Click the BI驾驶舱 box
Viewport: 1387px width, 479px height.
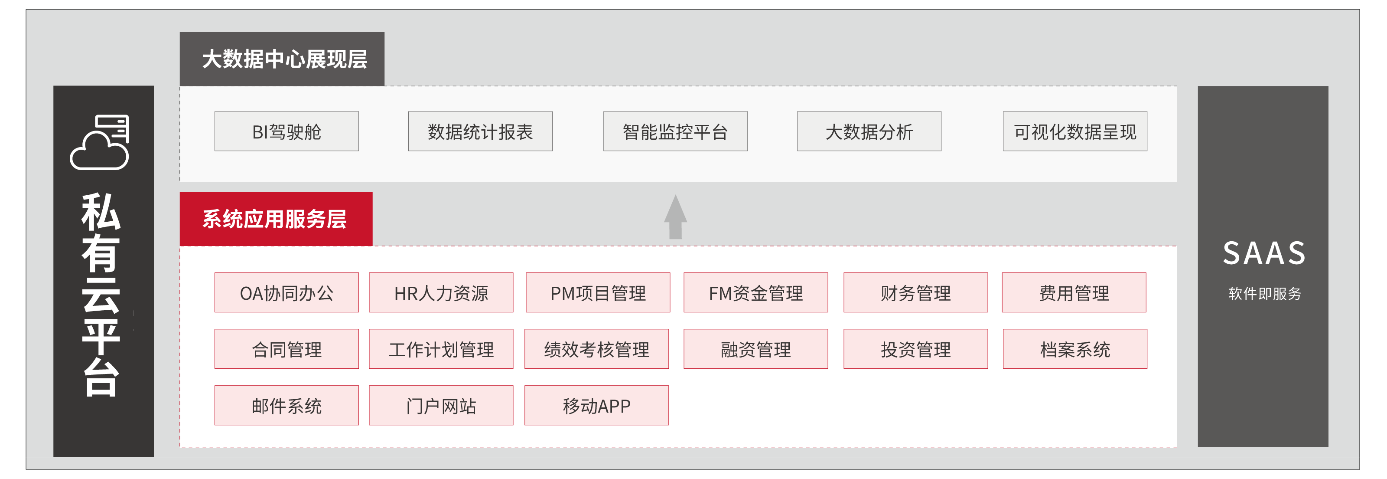pos(287,131)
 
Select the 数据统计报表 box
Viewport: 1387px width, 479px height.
pos(480,131)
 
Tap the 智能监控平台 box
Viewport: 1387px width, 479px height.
pos(675,131)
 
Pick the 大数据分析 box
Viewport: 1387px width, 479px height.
pos(869,131)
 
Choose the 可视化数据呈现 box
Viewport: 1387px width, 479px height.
pos(1075,131)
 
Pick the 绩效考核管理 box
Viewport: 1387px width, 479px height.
pos(596,349)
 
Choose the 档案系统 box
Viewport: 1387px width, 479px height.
pos(1075,349)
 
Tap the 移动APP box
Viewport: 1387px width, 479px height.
pos(596,405)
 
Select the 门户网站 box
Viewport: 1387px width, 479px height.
pos(441,405)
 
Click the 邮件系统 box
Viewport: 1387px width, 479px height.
pos(287,405)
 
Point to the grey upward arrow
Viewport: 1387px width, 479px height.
pos(675,217)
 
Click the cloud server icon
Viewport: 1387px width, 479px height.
pos(101,142)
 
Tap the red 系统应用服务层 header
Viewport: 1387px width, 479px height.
pos(276,219)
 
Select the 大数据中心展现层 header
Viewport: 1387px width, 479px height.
pos(282,59)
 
